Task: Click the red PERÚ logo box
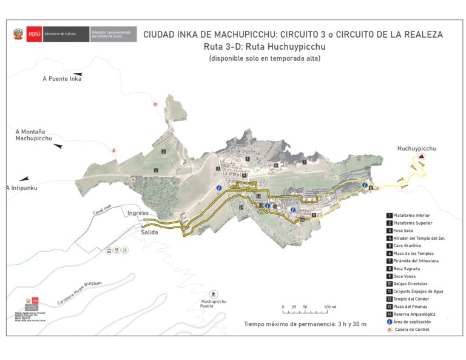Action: tap(35, 34)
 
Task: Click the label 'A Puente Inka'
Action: tap(62, 79)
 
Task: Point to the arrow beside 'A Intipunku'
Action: tap(24, 179)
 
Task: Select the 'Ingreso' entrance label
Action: tap(138, 213)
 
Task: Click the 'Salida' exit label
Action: tap(149, 233)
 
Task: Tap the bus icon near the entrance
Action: tap(109, 250)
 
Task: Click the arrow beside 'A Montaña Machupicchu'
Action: tap(58, 146)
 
